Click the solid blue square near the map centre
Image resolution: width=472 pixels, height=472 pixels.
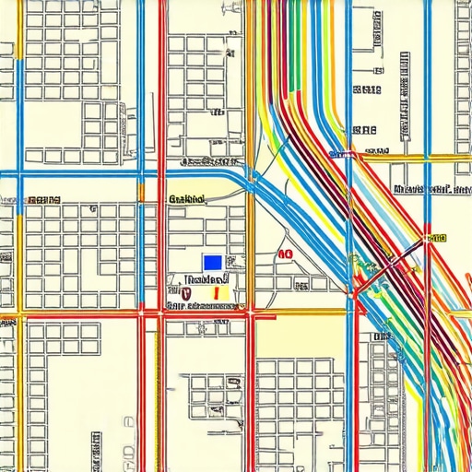pos(213,262)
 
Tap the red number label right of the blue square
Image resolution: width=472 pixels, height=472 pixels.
pos(285,254)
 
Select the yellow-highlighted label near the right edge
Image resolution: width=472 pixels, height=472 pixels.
pos(435,238)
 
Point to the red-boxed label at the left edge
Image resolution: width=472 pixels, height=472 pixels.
pos(43,199)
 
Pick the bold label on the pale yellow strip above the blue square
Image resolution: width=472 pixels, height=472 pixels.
pos(187,198)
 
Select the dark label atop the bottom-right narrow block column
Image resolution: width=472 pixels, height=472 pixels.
pos(380,337)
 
